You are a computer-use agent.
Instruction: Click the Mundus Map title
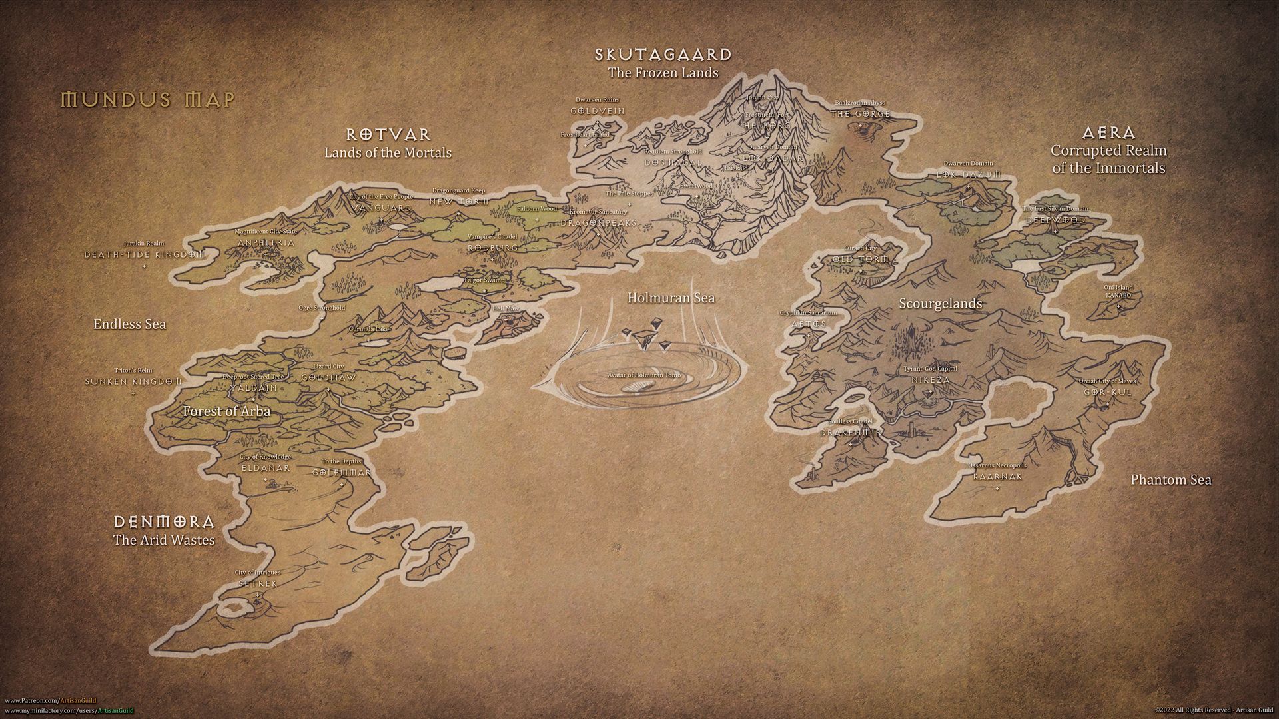(148, 100)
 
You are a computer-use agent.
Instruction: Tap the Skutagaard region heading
(663, 55)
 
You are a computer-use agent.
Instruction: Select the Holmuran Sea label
(671, 298)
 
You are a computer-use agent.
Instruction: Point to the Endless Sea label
(129, 324)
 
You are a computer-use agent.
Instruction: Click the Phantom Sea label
(1170, 479)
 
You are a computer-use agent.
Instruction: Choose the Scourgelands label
(940, 304)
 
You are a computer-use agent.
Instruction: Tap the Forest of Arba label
(226, 411)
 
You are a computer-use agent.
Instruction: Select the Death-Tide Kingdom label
(144, 254)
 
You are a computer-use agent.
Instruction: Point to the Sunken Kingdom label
(133, 381)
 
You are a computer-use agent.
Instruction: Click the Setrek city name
(257, 583)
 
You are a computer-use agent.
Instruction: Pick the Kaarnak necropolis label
(997, 477)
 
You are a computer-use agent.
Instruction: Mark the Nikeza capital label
(930, 379)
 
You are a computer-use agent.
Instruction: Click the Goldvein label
(598, 110)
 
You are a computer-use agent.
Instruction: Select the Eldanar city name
(265, 467)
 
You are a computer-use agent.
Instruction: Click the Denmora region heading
(164, 521)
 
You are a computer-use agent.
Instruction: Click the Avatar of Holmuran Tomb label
(643, 375)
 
